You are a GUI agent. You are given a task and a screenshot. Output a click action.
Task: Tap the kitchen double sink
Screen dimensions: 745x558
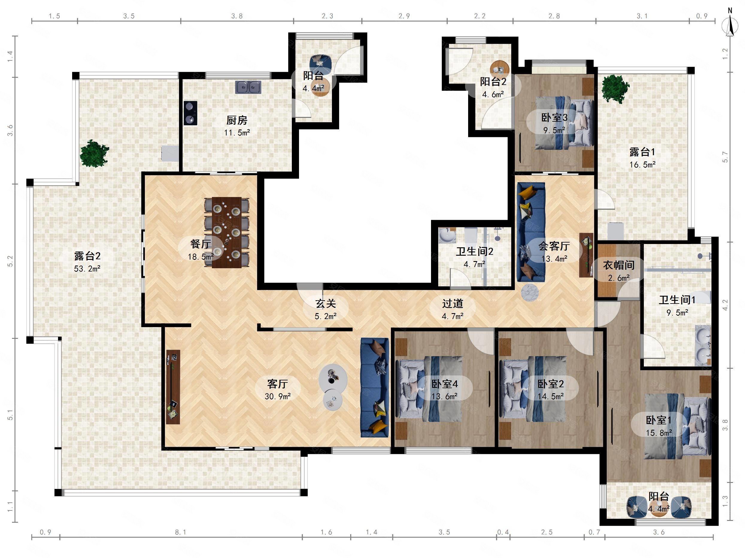pyautogui.click(x=248, y=87)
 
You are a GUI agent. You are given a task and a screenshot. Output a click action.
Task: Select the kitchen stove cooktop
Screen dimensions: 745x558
pyautogui.click(x=190, y=113)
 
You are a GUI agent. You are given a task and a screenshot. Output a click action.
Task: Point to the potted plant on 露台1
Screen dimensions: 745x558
pyautogui.click(x=616, y=89)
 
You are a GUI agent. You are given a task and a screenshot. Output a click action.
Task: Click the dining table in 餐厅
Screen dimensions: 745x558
pyautogui.click(x=227, y=232)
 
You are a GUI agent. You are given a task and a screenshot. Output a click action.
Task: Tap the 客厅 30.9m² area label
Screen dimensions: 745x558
pyautogui.click(x=277, y=390)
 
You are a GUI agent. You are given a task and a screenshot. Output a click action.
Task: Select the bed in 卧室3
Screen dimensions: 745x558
pyautogui.click(x=564, y=123)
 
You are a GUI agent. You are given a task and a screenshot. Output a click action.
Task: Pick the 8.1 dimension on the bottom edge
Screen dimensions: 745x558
pyautogui.click(x=180, y=532)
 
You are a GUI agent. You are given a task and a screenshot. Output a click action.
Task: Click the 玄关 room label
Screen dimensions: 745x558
pyautogui.click(x=326, y=304)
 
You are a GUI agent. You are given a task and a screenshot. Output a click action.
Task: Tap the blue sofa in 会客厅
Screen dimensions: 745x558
pyautogui.click(x=531, y=232)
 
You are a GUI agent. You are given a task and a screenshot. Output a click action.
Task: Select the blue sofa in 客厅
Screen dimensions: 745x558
pyautogui.click(x=374, y=388)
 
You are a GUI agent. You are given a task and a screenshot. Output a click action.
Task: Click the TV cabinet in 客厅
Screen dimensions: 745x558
pyautogui.click(x=173, y=387)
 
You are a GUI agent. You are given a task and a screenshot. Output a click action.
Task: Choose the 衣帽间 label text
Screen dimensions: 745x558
pyautogui.click(x=619, y=265)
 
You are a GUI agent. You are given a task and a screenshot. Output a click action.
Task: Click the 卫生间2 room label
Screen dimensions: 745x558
pyautogui.click(x=474, y=251)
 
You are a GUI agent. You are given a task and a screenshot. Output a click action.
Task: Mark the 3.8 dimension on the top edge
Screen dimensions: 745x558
pyautogui.click(x=237, y=16)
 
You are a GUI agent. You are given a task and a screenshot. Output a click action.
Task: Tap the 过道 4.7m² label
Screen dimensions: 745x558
pyautogui.click(x=453, y=310)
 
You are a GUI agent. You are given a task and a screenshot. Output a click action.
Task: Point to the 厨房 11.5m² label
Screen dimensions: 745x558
pyautogui.click(x=237, y=126)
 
